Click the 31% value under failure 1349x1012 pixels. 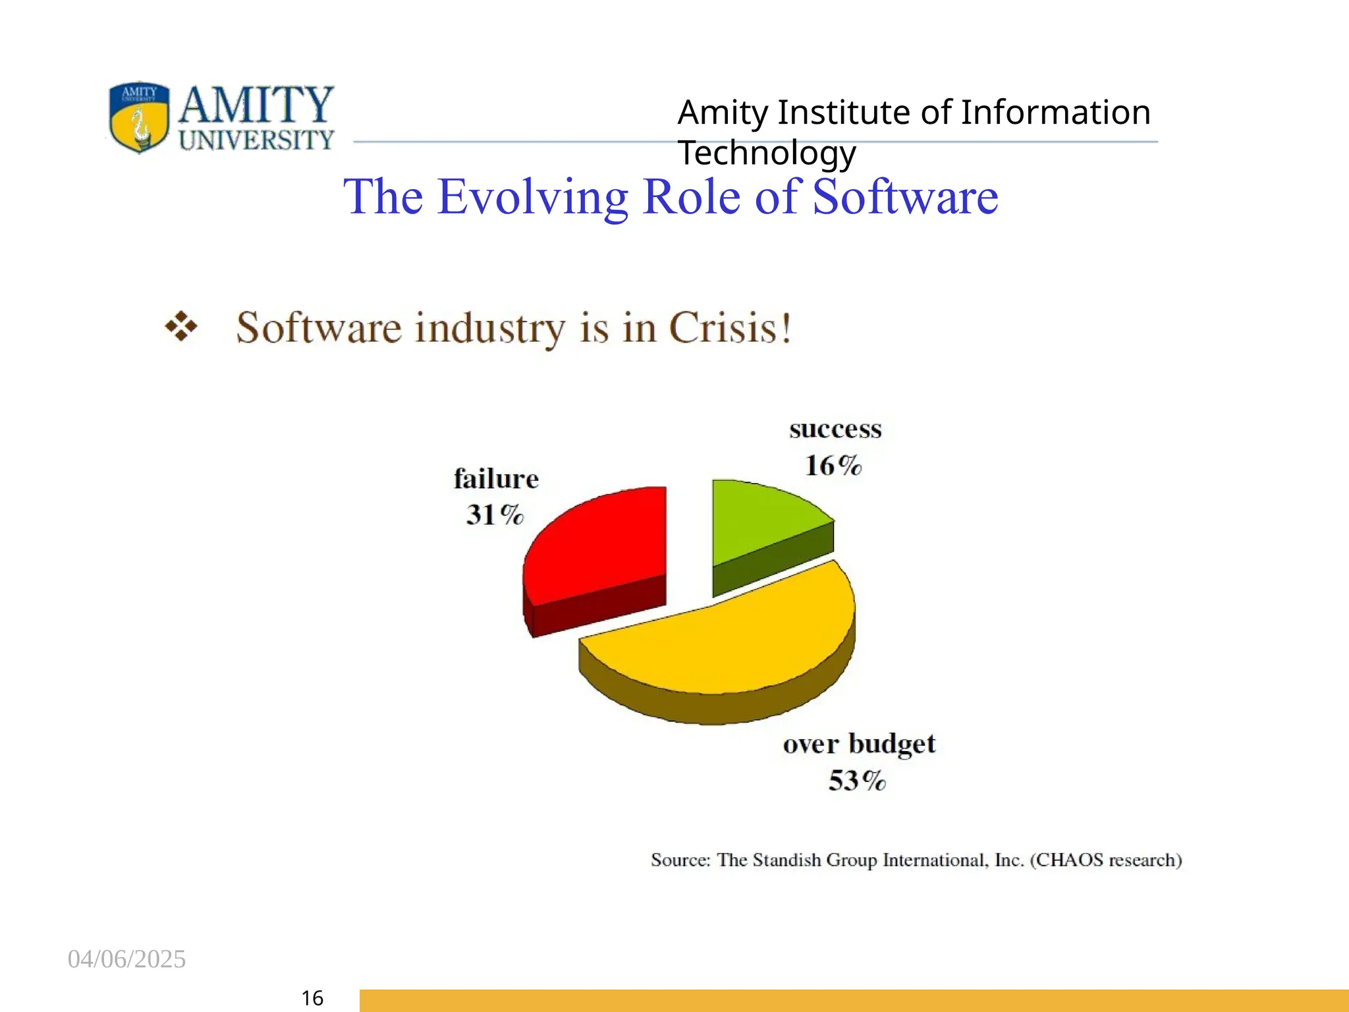[495, 515]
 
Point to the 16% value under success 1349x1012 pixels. [833, 465]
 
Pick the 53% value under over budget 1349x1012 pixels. [857, 781]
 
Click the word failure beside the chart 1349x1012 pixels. [496, 479]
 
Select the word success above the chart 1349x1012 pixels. [835, 430]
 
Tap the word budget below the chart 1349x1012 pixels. [892, 745]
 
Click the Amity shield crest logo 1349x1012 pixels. [139, 117]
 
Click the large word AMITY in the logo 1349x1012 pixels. [256, 105]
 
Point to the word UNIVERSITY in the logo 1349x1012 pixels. [256, 140]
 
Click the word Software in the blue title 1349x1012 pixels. [905, 197]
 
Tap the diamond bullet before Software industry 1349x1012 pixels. [181, 327]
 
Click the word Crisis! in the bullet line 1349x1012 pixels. [730, 327]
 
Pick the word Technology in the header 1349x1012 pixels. [767, 153]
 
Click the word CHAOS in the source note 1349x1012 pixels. [1069, 860]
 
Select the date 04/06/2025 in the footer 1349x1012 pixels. [126, 959]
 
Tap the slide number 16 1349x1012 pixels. [312, 998]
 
